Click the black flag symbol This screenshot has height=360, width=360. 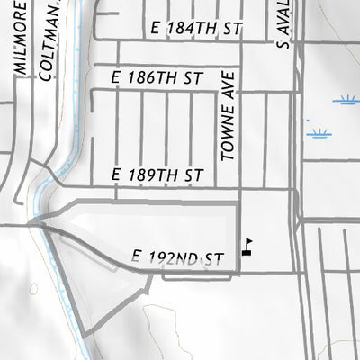click(x=247, y=246)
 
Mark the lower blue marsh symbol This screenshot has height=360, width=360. click(x=317, y=134)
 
